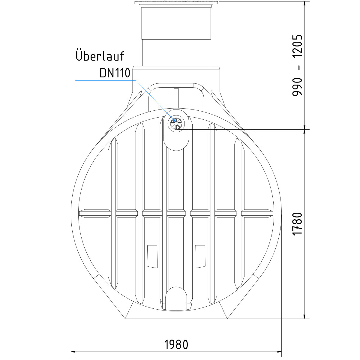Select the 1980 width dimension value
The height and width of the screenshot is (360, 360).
[x=176, y=345]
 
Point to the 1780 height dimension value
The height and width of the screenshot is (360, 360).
[x=297, y=224]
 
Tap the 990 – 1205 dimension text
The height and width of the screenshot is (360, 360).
[x=297, y=65]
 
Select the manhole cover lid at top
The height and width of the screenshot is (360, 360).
[x=176, y=3]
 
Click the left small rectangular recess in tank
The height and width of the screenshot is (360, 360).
[x=152, y=256]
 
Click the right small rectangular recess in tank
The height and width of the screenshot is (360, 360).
[x=200, y=256]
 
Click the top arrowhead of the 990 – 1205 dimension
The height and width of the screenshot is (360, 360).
[x=305, y=4]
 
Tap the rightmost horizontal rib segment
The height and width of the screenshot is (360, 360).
[x=257, y=213]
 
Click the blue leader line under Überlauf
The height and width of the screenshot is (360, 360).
[x=105, y=80]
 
